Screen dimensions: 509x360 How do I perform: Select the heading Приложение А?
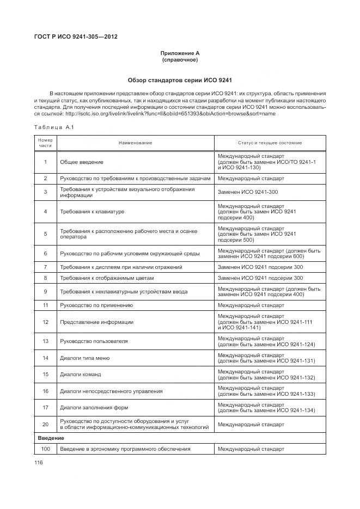point(180,53)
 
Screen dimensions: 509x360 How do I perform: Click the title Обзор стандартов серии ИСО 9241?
point(180,80)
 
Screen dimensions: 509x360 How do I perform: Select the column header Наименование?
point(136,143)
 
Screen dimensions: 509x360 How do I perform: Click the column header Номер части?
point(45,143)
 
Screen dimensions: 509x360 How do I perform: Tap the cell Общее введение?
point(82,162)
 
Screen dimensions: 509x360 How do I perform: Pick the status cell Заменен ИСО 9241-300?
point(248,192)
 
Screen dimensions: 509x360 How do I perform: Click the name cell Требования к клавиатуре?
point(92,211)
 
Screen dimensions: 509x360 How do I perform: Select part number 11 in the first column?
point(45,305)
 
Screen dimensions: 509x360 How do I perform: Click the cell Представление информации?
point(96,322)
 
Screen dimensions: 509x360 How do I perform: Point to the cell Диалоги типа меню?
point(85,358)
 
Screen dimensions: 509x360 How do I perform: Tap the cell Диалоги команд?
point(81,375)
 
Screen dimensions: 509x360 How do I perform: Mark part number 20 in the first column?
point(45,424)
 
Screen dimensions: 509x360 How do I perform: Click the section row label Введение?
point(51,438)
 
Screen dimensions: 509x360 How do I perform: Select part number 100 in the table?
point(45,449)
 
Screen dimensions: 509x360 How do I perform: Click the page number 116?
point(39,462)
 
